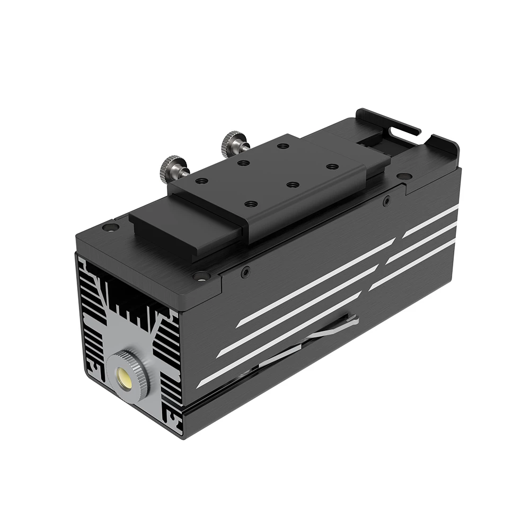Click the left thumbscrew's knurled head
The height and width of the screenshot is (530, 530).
point(171,167)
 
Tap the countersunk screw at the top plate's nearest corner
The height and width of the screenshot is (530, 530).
point(201,275)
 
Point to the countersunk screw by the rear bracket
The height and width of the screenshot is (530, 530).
point(404,176)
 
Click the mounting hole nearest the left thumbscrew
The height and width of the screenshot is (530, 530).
point(201,181)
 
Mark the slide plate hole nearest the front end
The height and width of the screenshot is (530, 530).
point(251,203)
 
